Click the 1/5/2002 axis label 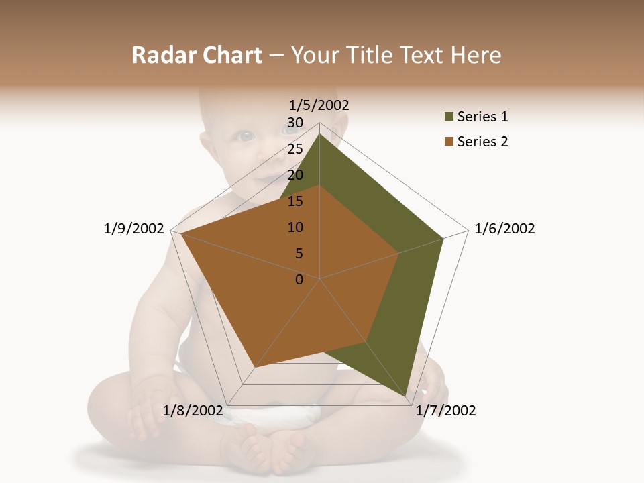pyautogui.click(x=319, y=105)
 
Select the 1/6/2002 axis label pyautogui.click(x=504, y=229)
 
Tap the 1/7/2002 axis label pyautogui.click(x=445, y=411)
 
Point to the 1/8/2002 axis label pyautogui.click(x=193, y=411)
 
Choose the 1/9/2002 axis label pyautogui.click(x=133, y=229)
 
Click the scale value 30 pyautogui.click(x=295, y=123)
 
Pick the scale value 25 pyautogui.click(x=295, y=149)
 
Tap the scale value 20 pyautogui.click(x=295, y=175)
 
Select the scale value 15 pyautogui.click(x=295, y=201)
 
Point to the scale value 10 pyautogui.click(x=295, y=227)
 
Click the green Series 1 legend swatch pyautogui.click(x=448, y=117)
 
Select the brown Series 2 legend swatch pyautogui.click(x=448, y=142)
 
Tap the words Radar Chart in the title pyautogui.click(x=197, y=56)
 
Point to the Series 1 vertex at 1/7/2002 pyautogui.click(x=407, y=397)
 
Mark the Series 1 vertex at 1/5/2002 pyautogui.click(x=319, y=133)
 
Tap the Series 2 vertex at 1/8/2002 pyautogui.click(x=255, y=367)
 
